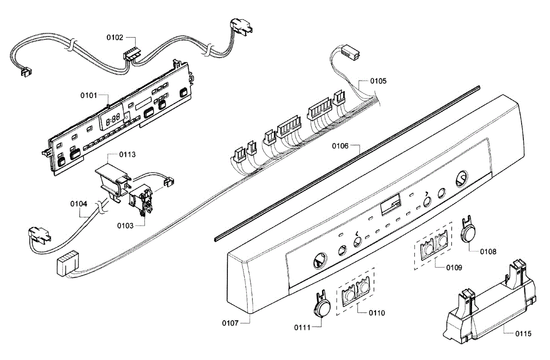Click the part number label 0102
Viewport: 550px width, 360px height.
click(115, 38)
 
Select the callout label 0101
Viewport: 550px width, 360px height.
click(88, 95)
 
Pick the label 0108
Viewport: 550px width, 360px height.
click(488, 251)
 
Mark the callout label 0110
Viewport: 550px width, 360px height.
click(376, 313)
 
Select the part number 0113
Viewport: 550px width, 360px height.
click(127, 154)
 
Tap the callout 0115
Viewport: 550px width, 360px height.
click(522, 334)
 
